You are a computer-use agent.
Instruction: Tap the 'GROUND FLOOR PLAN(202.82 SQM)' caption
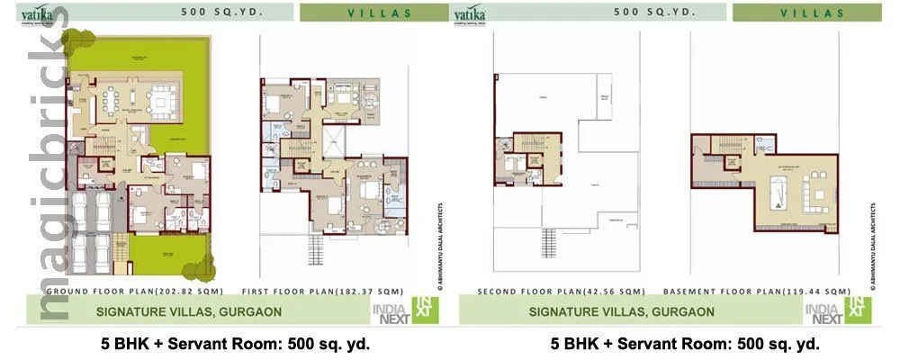[x=122, y=292]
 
